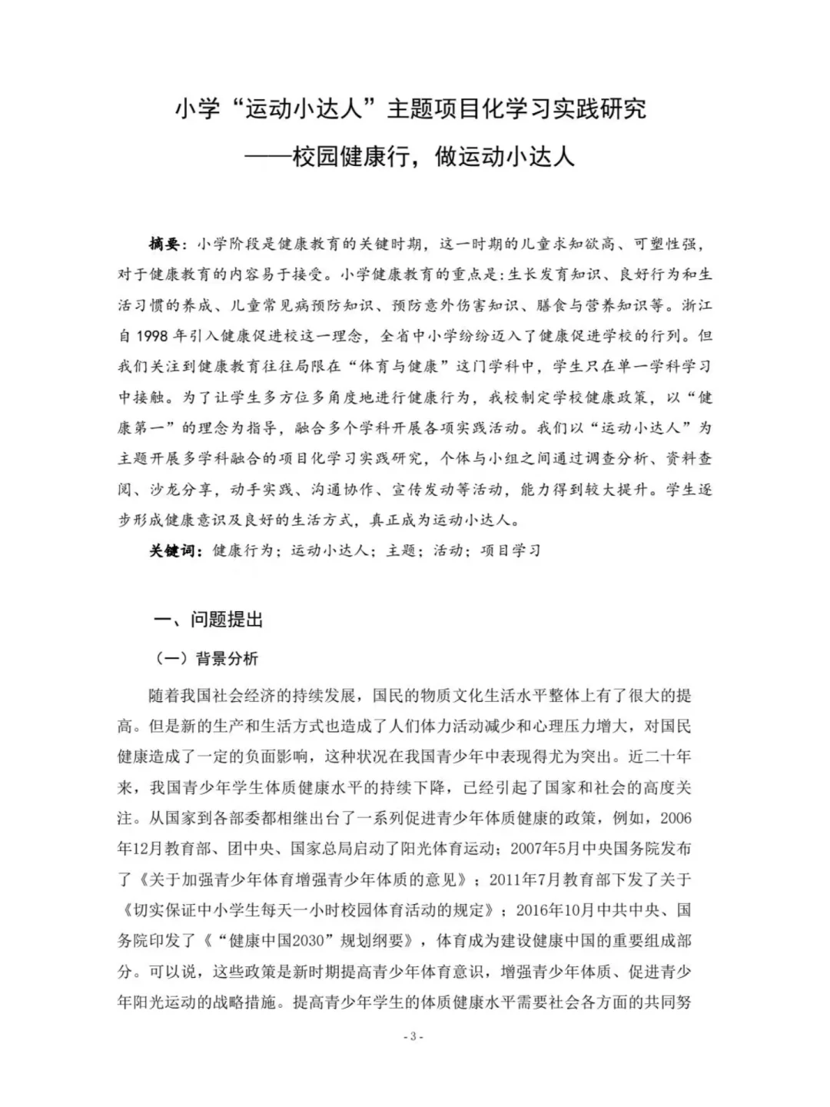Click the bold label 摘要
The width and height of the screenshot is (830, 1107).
pyautogui.click(x=164, y=244)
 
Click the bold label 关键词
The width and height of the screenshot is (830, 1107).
pyautogui.click(x=170, y=550)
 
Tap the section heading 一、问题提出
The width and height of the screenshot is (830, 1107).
pyautogui.click(x=209, y=620)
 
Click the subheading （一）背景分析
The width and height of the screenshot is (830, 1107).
pyautogui.click(x=207, y=658)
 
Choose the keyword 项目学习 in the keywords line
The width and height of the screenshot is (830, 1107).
pyautogui.click(x=510, y=550)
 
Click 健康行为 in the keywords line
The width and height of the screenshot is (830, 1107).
pyautogui.click(x=242, y=550)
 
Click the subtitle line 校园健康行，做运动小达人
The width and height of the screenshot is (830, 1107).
pyautogui.click(x=433, y=158)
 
